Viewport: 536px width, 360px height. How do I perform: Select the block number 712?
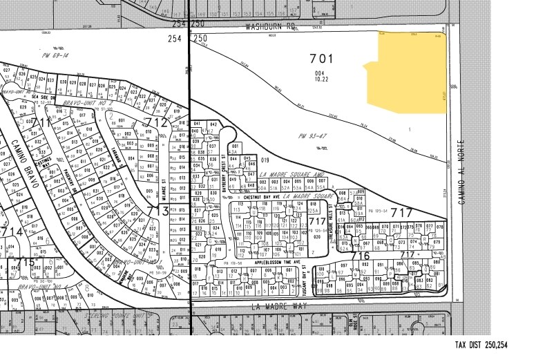(156, 122)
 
